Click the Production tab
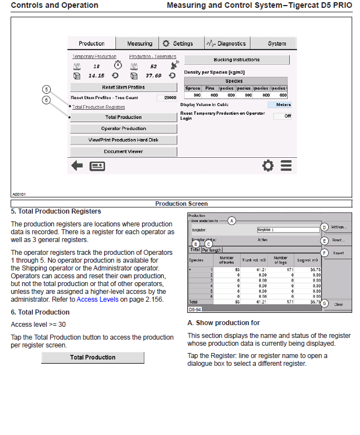(91, 43)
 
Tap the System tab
(276, 43)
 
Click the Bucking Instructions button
(237, 60)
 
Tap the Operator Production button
(123, 129)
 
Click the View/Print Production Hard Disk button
(123, 140)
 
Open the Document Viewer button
(123, 152)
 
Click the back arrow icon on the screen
(76, 166)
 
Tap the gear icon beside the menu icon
(268, 166)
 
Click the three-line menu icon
(286, 166)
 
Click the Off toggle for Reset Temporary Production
(283, 116)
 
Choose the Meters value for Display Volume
(280, 104)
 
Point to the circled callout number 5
(47, 89)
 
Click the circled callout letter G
(324, 304)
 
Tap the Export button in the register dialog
(338, 253)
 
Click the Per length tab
(211, 250)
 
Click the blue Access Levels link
(98, 299)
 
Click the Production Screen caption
(181, 204)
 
